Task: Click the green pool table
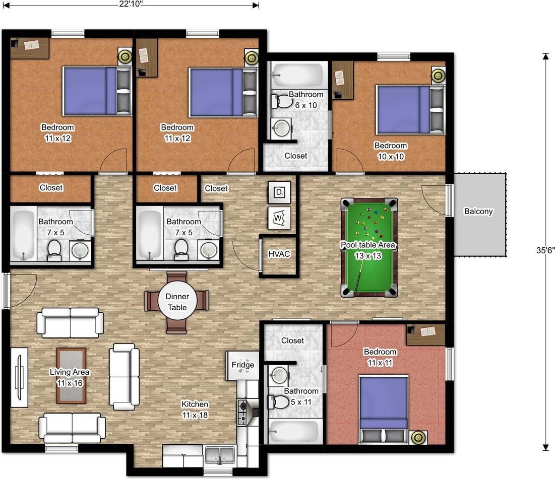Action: (x=369, y=247)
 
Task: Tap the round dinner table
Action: (x=177, y=302)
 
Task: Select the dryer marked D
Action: (x=279, y=192)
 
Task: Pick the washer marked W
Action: (x=279, y=218)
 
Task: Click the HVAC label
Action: (x=279, y=254)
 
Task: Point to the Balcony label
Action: (x=478, y=211)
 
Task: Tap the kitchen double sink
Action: (x=220, y=455)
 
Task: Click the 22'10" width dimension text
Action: (x=131, y=4)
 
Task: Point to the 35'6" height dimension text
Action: (x=545, y=250)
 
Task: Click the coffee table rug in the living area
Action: (x=71, y=376)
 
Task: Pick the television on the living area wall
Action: (x=20, y=377)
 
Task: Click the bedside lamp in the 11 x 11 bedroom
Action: (x=418, y=438)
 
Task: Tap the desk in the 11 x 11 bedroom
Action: (x=425, y=334)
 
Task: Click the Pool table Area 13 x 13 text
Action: (x=368, y=250)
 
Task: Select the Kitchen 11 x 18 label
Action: (x=195, y=409)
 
